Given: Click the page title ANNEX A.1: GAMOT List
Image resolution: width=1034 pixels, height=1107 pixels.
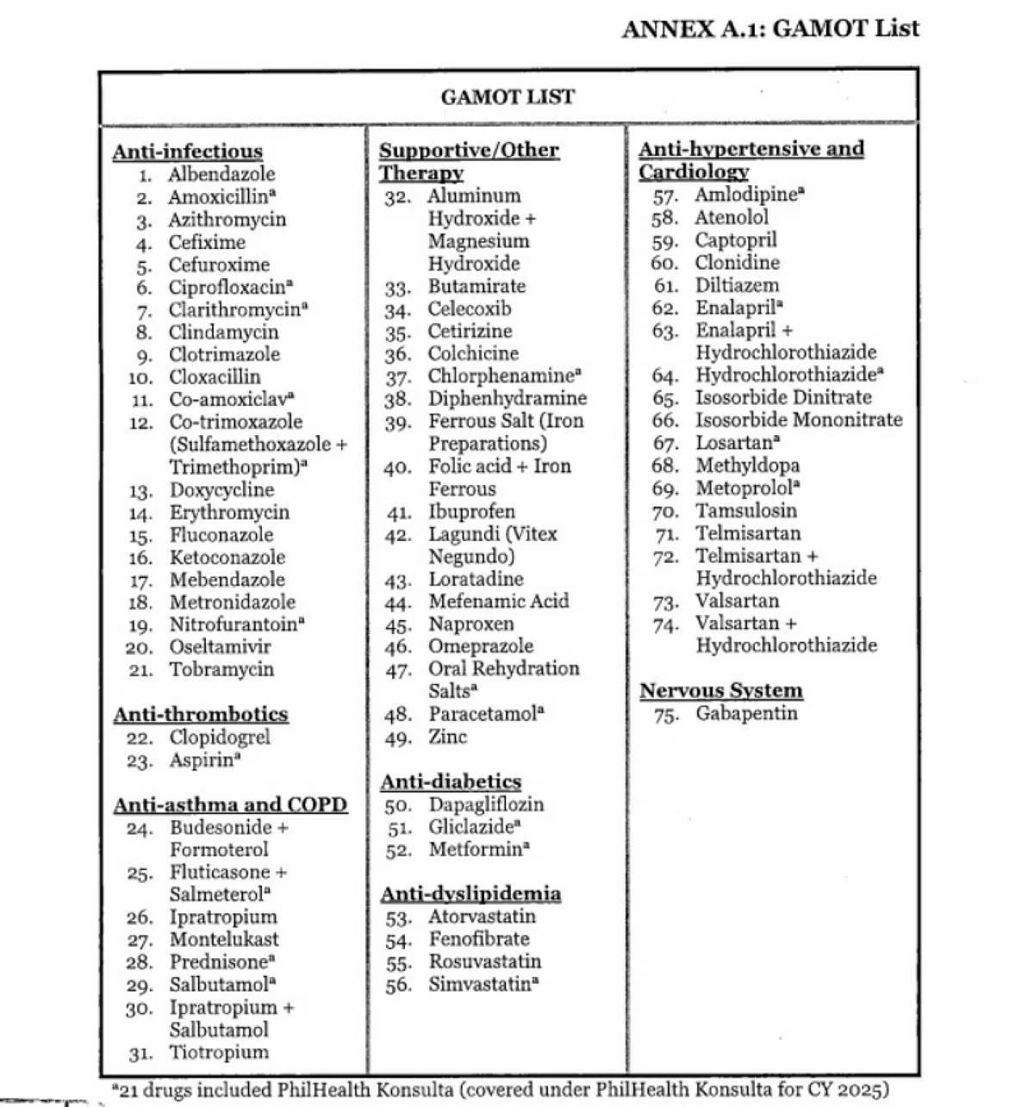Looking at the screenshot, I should [769, 28].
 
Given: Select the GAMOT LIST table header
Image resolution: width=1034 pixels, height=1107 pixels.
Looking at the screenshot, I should [508, 96].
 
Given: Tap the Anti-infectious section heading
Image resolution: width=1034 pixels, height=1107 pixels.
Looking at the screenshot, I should [187, 152].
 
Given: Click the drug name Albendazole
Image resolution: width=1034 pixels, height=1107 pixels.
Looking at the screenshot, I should [221, 175].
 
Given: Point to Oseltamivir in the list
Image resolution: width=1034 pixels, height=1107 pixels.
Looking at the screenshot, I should [220, 647].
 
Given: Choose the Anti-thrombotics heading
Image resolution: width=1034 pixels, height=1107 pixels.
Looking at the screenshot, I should [201, 714].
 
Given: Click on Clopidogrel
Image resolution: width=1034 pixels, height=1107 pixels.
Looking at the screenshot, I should [220, 737].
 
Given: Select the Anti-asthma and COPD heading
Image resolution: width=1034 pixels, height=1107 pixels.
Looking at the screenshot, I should [230, 805].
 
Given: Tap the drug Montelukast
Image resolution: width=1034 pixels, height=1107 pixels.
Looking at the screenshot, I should [224, 939].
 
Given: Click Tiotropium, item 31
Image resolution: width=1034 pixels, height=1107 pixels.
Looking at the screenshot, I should [219, 1052].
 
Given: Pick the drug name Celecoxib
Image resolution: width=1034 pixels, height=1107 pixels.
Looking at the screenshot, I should [470, 308].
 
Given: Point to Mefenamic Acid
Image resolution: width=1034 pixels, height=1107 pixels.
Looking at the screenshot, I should [499, 600].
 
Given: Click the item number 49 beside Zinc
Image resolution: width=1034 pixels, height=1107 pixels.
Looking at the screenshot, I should [398, 738].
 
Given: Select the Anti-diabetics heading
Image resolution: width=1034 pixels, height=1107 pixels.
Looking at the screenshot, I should [451, 781].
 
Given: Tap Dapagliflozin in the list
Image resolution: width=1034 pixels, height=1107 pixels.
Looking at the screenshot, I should [486, 805].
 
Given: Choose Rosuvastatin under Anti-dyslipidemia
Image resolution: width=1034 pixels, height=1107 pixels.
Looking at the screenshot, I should [485, 961].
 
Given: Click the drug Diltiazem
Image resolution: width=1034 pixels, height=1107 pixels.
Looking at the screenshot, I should [737, 285].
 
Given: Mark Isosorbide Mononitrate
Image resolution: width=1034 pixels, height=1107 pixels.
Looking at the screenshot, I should [799, 420].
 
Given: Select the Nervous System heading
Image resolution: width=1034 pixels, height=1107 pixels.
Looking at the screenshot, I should [720, 690].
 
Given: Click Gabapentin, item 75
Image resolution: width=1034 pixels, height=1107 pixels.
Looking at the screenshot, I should [746, 713].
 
